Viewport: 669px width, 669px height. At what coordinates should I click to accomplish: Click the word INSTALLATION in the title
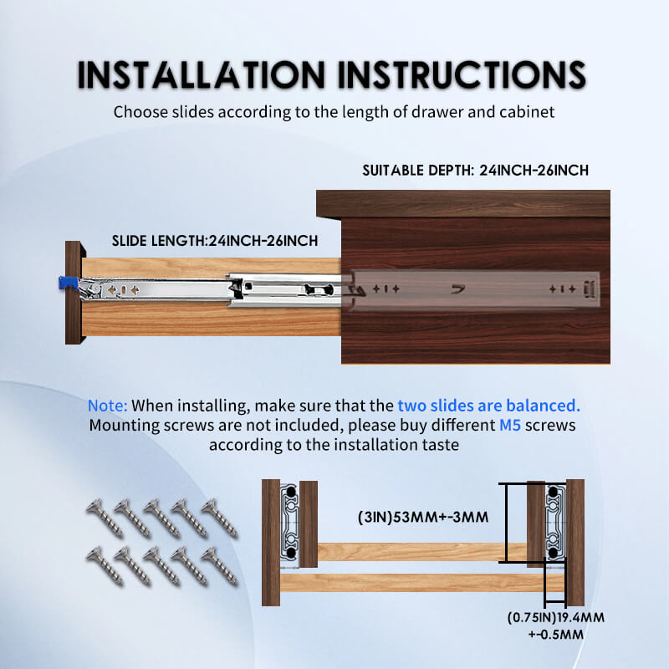(201, 74)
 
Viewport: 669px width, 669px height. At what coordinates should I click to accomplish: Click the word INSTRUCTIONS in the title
(462, 74)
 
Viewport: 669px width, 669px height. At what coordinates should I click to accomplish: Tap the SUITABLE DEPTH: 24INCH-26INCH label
(475, 171)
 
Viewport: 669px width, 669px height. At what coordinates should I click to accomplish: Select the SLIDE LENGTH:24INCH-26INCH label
(215, 241)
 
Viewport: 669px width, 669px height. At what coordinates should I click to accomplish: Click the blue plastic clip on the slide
(69, 283)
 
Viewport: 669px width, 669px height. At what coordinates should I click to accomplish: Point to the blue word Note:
(108, 406)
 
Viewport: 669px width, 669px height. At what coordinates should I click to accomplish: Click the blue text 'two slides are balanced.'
(489, 406)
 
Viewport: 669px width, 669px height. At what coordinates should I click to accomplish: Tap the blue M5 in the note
(510, 425)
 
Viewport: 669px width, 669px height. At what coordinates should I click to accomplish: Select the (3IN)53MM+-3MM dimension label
(423, 517)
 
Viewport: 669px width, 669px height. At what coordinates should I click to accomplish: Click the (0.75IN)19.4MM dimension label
(555, 617)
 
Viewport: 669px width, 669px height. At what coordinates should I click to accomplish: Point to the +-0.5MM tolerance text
(555, 635)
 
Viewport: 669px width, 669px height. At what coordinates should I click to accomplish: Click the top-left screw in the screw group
(105, 518)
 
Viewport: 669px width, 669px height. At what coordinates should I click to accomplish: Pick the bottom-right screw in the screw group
(219, 566)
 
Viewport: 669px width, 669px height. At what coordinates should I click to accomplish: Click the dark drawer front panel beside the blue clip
(74, 292)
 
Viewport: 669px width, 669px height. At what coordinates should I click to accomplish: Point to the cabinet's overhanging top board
(463, 204)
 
